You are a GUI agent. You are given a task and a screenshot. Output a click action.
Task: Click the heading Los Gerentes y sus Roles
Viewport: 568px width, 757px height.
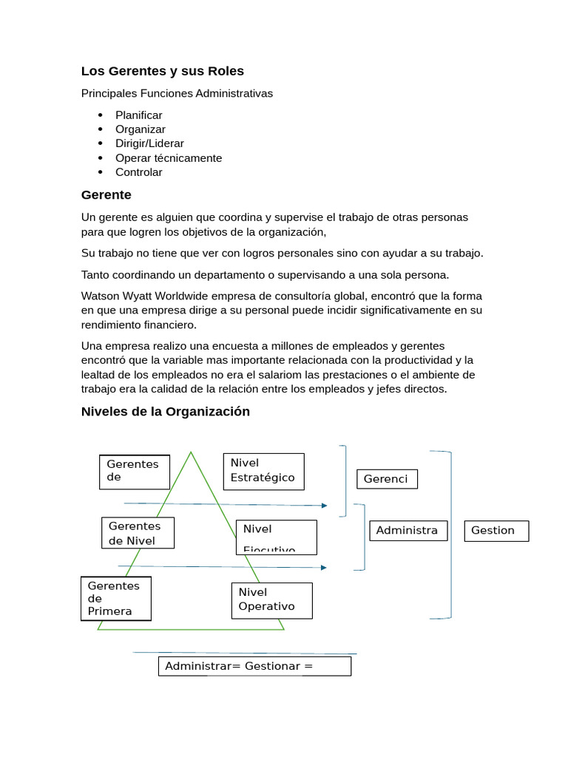pyautogui.click(x=162, y=71)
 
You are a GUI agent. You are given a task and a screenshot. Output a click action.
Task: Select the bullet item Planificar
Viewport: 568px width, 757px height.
pyautogui.click(x=138, y=115)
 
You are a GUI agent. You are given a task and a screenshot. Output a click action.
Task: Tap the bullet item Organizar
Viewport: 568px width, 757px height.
pyautogui.click(x=140, y=129)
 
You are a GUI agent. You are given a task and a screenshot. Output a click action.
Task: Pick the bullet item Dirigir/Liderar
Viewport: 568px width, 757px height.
pyautogui.click(x=149, y=143)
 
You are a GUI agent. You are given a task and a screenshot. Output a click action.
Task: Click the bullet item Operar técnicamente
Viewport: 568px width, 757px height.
pyautogui.click(x=168, y=158)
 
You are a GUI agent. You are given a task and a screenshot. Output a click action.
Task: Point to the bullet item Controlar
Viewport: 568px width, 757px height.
pyautogui.click(x=138, y=172)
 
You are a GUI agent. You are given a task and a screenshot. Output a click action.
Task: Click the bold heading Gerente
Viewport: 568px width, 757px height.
pyautogui.click(x=106, y=195)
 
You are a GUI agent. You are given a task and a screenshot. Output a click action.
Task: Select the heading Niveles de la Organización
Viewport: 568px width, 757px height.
pyautogui.click(x=165, y=412)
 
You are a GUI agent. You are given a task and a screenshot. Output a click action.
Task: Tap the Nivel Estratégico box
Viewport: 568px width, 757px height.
pyautogui.click(x=263, y=471)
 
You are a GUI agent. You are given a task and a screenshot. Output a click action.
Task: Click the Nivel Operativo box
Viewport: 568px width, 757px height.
pyautogui.click(x=271, y=600)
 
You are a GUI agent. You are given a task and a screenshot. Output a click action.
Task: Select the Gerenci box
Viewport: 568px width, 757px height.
pyautogui.click(x=387, y=479)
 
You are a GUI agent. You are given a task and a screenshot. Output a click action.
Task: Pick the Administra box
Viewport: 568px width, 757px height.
pyautogui.click(x=408, y=530)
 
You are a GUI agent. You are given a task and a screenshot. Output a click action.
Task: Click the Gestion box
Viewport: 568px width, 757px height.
pyautogui.click(x=496, y=530)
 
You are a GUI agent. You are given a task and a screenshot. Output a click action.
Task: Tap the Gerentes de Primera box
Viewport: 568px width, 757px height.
pyautogui.click(x=116, y=598)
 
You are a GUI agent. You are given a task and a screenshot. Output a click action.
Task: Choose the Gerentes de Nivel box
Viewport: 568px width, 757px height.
pyautogui.click(x=138, y=533)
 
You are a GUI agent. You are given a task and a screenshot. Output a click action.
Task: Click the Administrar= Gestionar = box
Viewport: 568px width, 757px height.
pyautogui.click(x=254, y=666)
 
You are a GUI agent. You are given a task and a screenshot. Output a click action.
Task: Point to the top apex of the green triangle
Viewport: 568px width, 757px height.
pyautogui.click(x=192, y=452)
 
